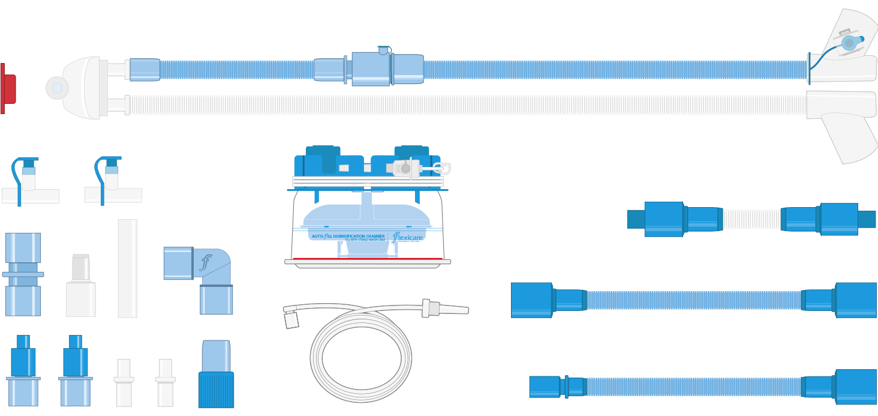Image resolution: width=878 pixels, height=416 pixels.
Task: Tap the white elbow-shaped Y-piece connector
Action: [84, 88]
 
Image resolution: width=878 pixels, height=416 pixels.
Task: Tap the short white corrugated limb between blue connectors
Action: [751, 219]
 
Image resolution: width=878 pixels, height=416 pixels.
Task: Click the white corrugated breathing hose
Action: [468, 105]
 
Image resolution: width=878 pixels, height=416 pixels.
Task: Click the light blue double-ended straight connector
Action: [23, 274]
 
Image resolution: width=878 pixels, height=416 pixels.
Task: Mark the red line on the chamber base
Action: [367, 259]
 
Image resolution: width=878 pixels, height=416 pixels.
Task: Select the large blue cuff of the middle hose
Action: [531, 300]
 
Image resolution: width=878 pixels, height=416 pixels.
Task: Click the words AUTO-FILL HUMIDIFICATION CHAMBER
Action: [348, 237]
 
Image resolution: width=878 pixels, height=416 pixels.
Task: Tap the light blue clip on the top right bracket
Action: [849, 43]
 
